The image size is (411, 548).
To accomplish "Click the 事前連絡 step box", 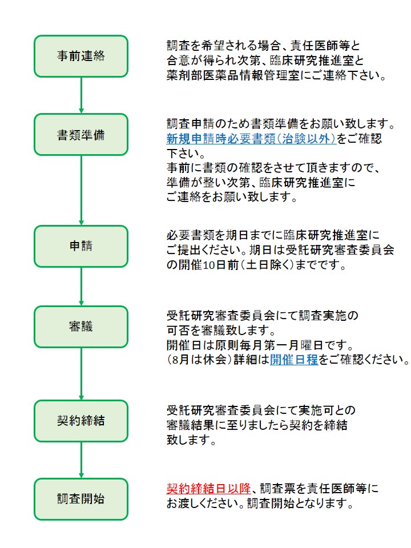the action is pos(81,56).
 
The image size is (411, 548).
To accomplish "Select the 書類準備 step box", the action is pos(81,135).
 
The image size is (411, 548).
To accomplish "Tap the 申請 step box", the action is pos(81,246).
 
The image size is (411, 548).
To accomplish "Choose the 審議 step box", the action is pos(81,327).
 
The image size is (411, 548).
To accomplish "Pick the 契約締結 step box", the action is pos(81,421).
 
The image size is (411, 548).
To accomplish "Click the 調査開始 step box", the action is pos(81,499).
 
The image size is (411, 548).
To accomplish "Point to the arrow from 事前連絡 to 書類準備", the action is pos(81,95).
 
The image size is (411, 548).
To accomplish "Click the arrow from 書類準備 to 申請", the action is pos(81,191).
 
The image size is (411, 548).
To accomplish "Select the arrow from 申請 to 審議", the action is pos(81,287).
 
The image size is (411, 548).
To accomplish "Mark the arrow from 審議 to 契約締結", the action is pos(81,374).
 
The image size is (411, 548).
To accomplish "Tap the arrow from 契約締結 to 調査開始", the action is pos(81,460).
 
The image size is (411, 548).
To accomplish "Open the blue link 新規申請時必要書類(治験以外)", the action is pos(251,139).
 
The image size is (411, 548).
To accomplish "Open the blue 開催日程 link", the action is pos(294,360).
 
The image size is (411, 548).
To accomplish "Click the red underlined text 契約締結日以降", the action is pos(209,489).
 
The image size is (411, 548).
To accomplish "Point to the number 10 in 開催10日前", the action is pos(209,265).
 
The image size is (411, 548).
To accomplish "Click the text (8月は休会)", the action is pos(200,360).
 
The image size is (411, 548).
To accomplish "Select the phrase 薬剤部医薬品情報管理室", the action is pos(233,75).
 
